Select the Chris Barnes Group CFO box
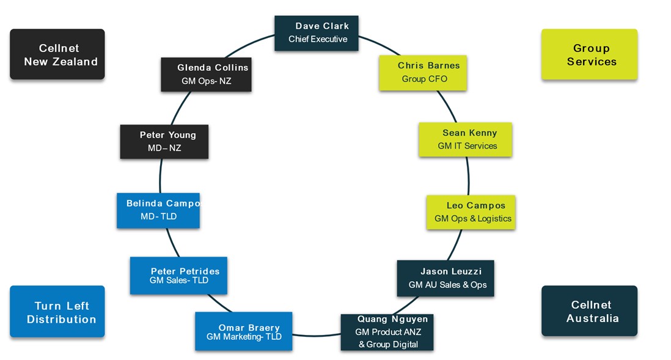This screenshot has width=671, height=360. (x=423, y=73)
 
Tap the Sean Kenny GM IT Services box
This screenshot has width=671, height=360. (x=465, y=139)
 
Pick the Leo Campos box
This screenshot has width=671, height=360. (x=471, y=212)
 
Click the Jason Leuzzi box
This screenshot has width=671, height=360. (x=445, y=278)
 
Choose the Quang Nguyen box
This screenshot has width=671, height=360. (x=387, y=332)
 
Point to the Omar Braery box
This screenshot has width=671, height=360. (x=243, y=331)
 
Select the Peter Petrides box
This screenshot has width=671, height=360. (x=178, y=275)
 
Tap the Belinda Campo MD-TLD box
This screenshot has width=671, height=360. (x=158, y=210)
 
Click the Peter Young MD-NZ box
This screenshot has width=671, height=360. (x=164, y=141)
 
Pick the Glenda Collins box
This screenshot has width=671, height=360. (x=206, y=74)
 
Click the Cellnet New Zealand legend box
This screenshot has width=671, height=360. (x=57, y=54)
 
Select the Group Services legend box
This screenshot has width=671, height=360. (x=589, y=54)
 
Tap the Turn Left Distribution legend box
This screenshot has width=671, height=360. (x=57, y=312)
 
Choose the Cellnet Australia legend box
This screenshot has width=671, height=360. (x=589, y=311)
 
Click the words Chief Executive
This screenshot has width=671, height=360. (x=318, y=39)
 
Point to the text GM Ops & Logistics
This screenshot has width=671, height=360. (x=473, y=219)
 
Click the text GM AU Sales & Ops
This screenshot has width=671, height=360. (x=447, y=285)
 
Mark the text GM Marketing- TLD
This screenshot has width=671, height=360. (x=244, y=337)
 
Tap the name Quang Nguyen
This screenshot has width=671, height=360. (x=392, y=320)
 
